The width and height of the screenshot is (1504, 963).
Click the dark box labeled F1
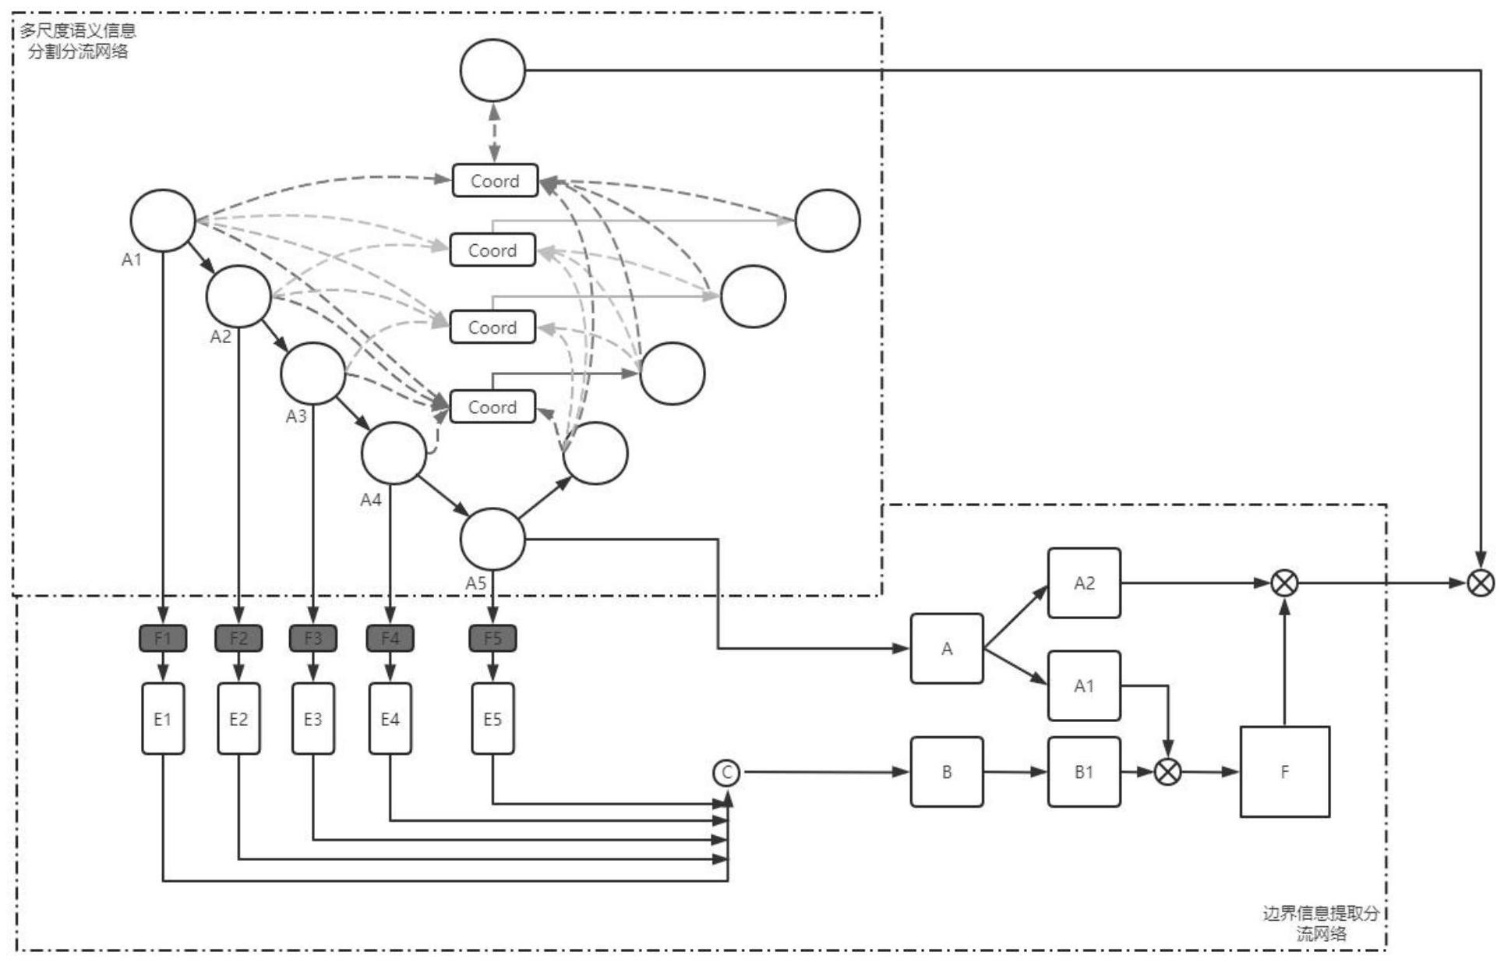[x=163, y=639]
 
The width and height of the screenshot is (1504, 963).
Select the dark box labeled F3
[x=313, y=639]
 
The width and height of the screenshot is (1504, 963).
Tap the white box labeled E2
[x=238, y=719]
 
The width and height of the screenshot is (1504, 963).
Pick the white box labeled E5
[x=493, y=719]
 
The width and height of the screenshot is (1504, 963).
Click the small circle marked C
[x=726, y=773]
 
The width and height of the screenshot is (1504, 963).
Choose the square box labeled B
[x=947, y=772]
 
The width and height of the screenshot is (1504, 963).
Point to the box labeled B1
[x=1084, y=772]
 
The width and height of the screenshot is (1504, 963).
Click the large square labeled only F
[x=1284, y=772]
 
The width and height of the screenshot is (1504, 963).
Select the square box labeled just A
[x=947, y=649]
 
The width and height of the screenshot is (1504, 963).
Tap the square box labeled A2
[x=1084, y=583]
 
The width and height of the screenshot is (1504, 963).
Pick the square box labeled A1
[x=1084, y=686]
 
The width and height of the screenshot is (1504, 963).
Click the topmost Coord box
[x=495, y=181]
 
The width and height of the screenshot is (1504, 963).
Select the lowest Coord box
[x=493, y=407]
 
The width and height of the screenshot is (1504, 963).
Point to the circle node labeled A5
[x=493, y=540]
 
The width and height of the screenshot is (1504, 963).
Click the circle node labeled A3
[x=313, y=374]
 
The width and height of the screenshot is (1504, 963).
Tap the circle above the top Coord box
[x=493, y=71]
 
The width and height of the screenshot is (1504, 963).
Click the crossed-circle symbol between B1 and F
[x=1167, y=772]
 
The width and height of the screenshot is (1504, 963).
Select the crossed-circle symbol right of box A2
[x=1284, y=583]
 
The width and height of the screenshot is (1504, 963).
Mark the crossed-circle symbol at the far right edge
[x=1481, y=583]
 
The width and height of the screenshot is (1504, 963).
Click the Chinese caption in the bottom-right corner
[x=1321, y=923]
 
